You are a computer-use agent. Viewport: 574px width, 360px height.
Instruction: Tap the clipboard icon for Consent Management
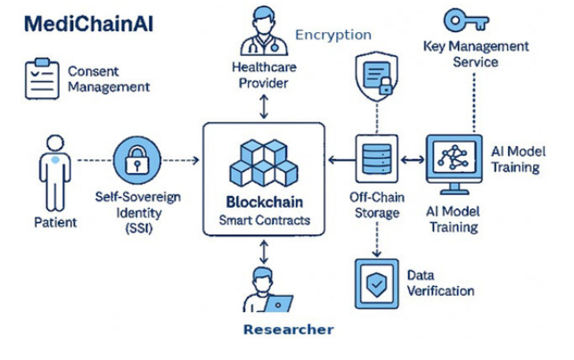click(x=39, y=78)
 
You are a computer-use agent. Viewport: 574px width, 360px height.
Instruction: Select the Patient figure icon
click(x=50, y=175)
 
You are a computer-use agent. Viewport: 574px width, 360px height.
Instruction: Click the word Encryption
click(x=332, y=35)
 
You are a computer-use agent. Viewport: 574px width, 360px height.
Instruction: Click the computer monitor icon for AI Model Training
click(x=455, y=164)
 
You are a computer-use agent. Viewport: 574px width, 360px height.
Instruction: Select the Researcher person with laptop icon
click(x=264, y=293)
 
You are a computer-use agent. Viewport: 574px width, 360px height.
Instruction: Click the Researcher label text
click(x=288, y=330)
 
